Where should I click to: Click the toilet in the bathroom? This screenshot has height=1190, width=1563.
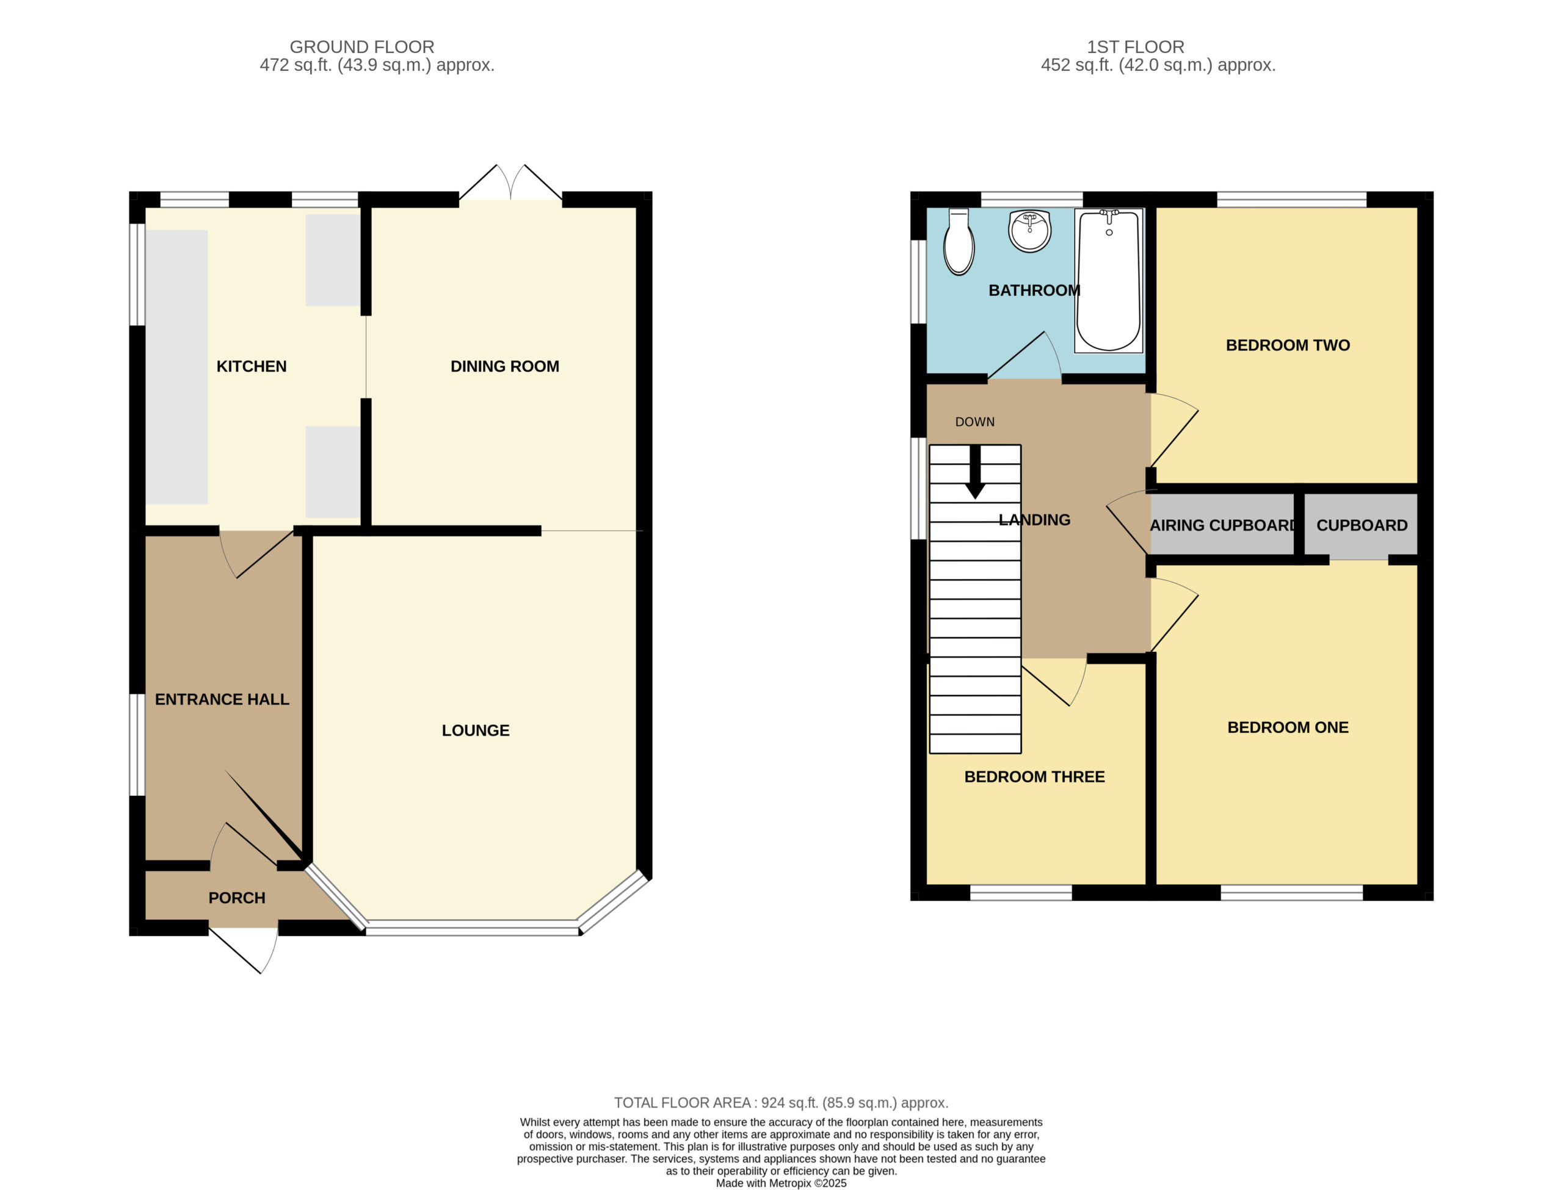(959, 242)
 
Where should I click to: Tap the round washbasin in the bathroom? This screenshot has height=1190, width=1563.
(1029, 230)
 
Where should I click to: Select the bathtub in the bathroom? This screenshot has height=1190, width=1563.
(1109, 281)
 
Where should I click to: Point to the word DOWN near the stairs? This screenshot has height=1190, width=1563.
(975, 422)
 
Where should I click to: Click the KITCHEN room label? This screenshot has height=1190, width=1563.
(252, 366)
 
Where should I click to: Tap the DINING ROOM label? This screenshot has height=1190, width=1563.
(504, 366)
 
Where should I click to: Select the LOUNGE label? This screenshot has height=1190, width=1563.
(476, 730)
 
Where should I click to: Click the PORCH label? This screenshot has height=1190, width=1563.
(237, 898)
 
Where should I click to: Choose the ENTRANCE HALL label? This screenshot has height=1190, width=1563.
(222, 700)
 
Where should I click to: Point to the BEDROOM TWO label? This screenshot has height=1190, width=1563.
(1288, 345)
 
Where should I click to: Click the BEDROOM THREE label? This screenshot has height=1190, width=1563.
(1034, 777)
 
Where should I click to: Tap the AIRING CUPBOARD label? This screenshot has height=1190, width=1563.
(1224, 525)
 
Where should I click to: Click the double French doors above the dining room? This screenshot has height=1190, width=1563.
(510, 182)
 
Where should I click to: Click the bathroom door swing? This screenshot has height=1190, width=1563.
(1024, 356)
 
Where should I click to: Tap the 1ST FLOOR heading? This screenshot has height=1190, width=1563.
(1136, 47)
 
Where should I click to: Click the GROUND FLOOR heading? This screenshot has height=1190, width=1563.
(362, 47)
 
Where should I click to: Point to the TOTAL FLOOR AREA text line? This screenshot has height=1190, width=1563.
(781, 1103)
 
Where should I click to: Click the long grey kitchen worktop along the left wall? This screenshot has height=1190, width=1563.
(176, 367)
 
